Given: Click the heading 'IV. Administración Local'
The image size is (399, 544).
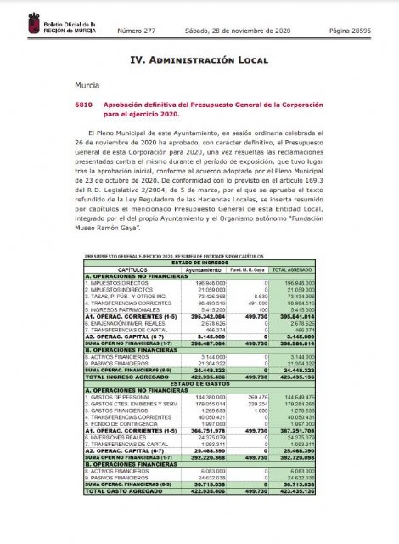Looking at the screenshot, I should point(199,60).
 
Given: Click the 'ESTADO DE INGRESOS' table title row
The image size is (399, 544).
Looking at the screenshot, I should point(199,262).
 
